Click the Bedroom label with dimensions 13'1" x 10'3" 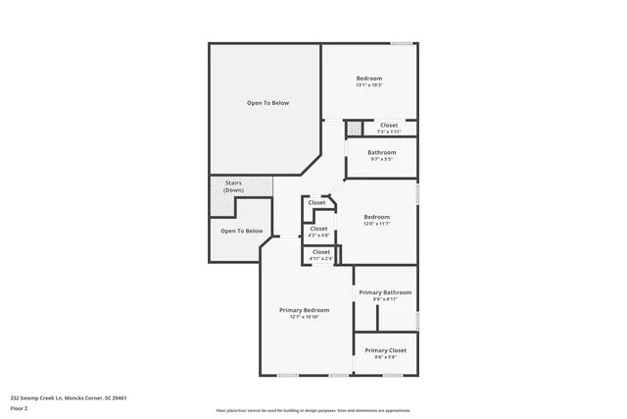click(x=368, y=79)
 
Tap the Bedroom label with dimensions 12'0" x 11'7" click(x=376, y=217)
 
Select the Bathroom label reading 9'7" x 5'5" click(x=381, y=152)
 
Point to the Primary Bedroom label click(x=304, y=309)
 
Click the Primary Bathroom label click(x=385, y=292)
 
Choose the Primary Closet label click(x=385, y=350)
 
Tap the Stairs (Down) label click(x=233, y=185)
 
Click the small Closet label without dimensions click(x=317, y=203)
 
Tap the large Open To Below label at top click(x=267, y=103)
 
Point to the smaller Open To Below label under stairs click(x=241, y=232)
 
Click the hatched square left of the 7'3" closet click(x=354, y=129)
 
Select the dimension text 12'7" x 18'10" click(x=304, y=317)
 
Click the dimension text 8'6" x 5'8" click(x=385, y=357)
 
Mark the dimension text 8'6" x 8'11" click(x=385, y=299)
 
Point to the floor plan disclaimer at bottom click(x=313, y=410)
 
